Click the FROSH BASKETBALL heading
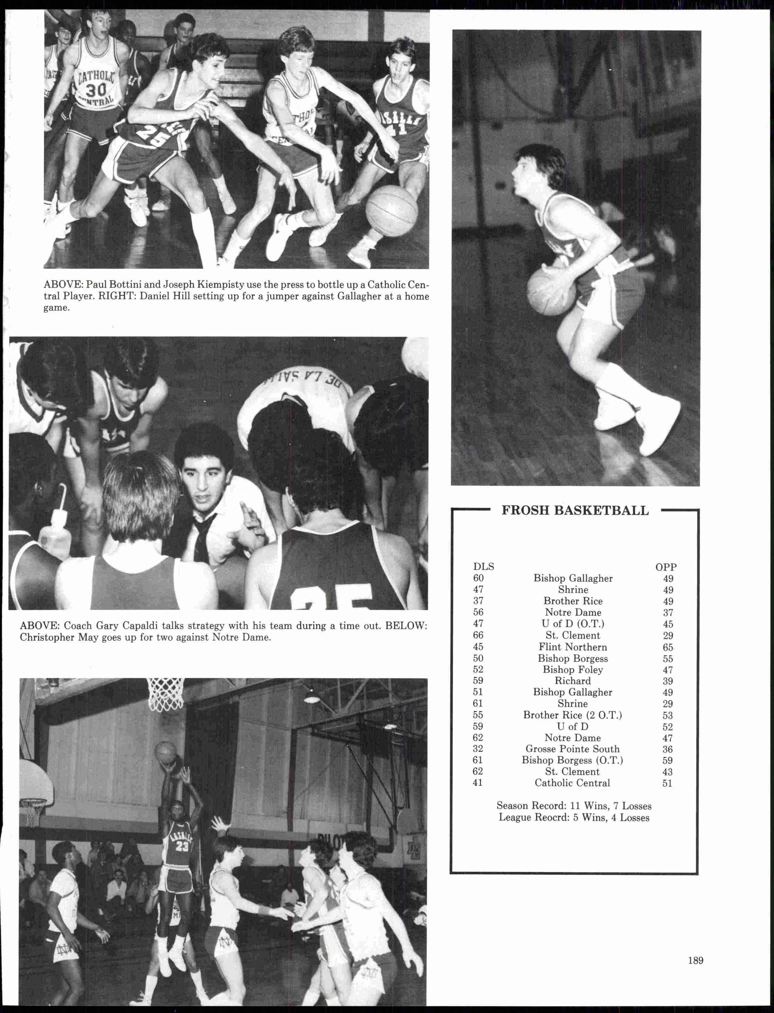[575, 511]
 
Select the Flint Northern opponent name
[573, 647]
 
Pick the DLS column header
[483, 567]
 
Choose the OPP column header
[666, 567]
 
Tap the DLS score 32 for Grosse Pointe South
[478, 749]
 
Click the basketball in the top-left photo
[391, 211]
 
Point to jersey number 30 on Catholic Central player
[96, 89]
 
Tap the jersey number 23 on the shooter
[182, 847]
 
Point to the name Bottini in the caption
[125, 285]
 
